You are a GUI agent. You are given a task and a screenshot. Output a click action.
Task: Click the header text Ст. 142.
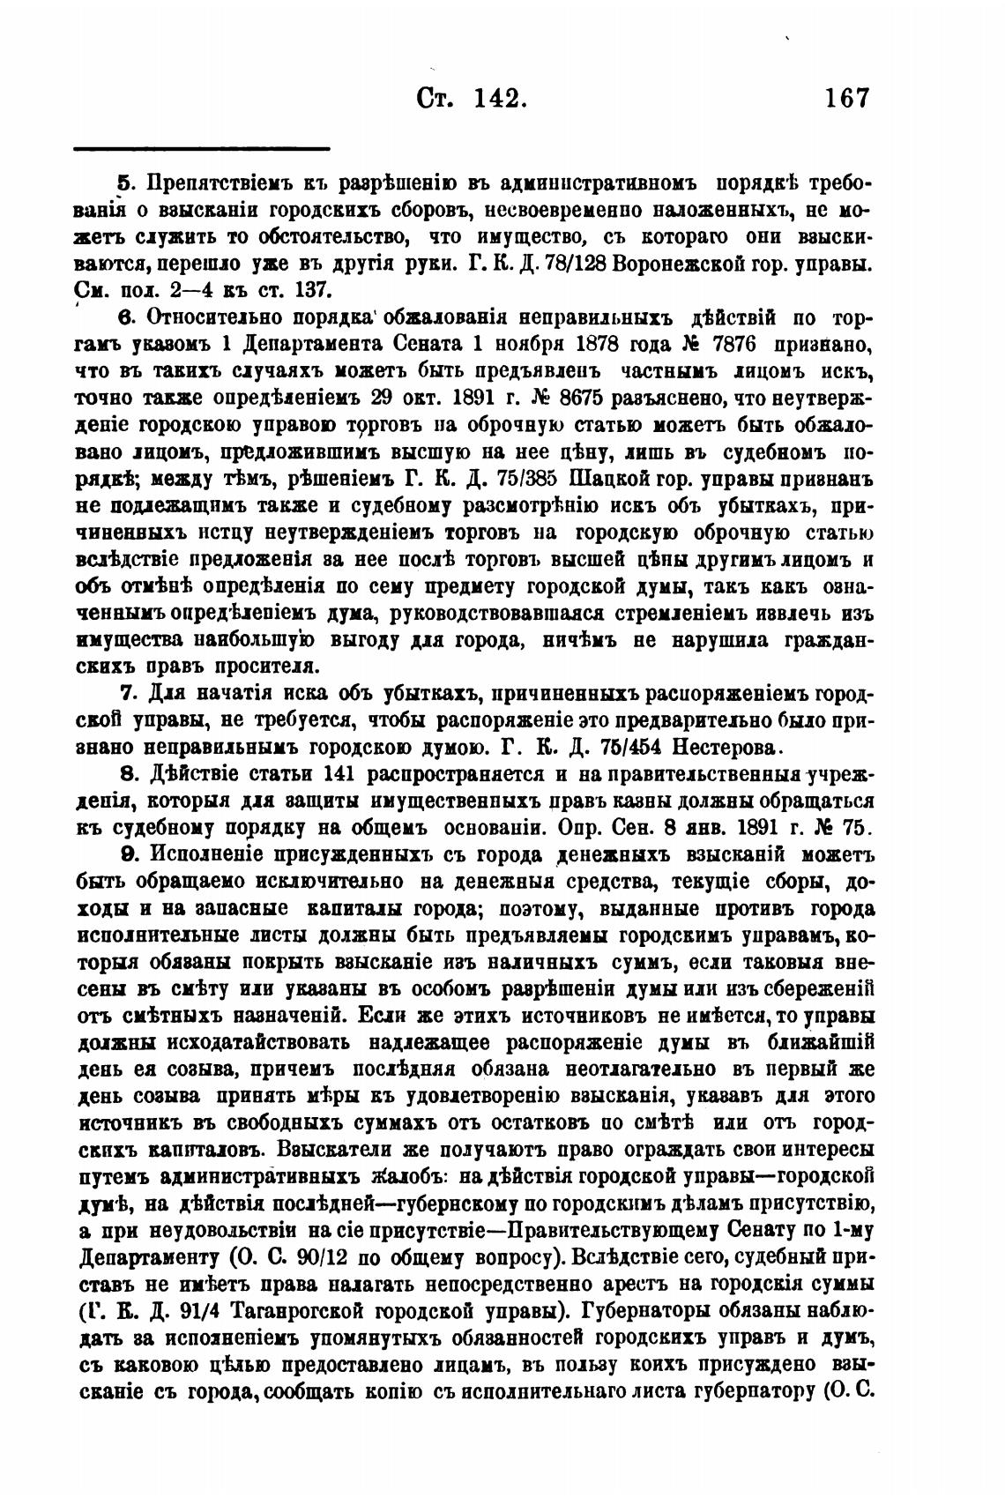(471, 96)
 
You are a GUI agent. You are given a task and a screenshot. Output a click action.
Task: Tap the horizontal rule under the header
(201, 149)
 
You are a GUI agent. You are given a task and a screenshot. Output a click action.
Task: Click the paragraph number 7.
(125, 694)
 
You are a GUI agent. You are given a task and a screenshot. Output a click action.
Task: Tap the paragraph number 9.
(126, 853)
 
